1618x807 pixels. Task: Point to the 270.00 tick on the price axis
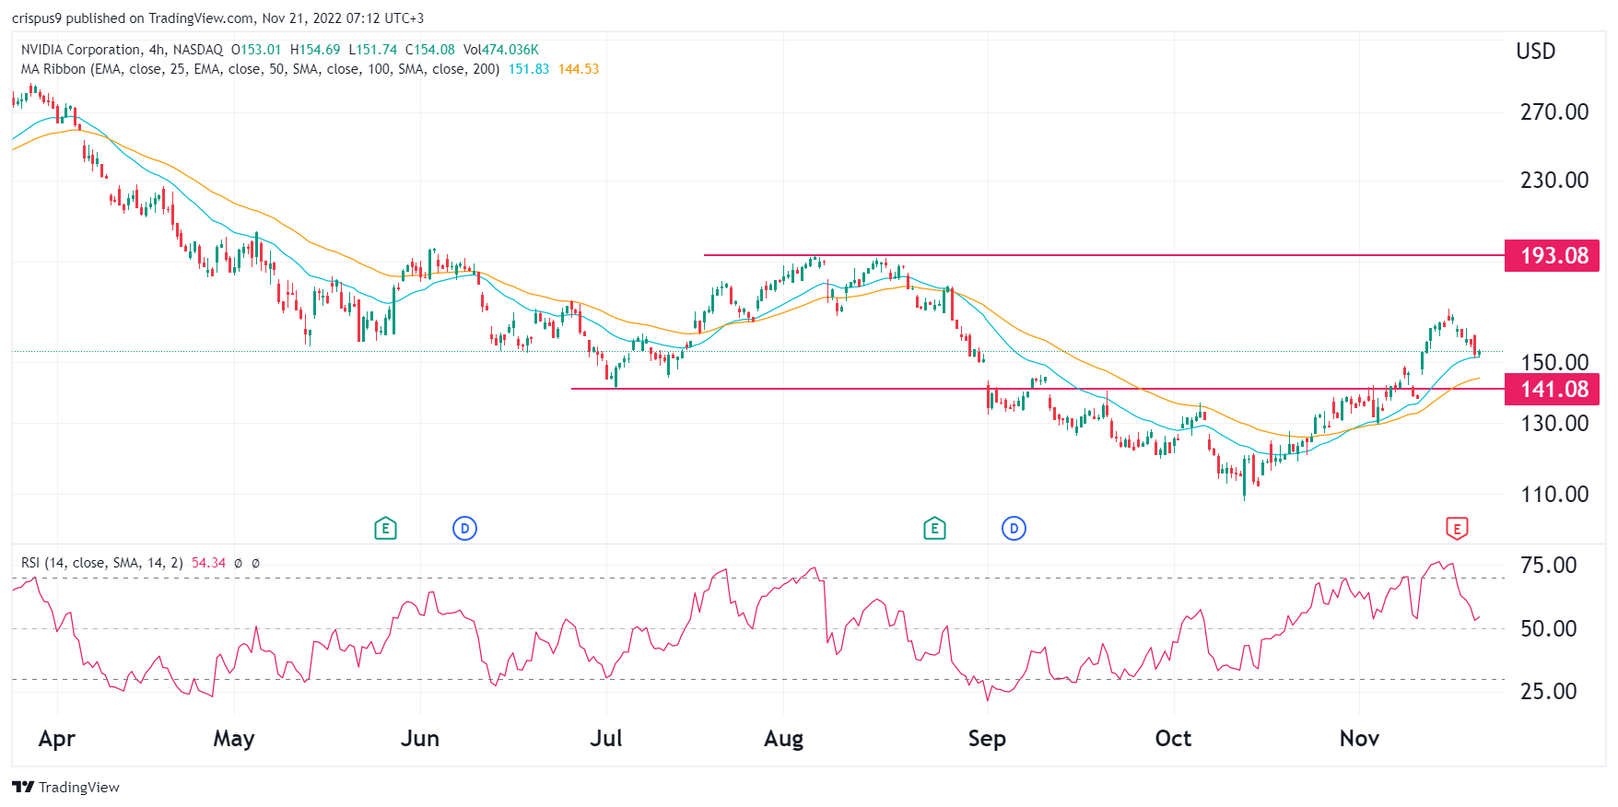tap(1554, 112)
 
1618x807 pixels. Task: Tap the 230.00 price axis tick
tap(1554, 181)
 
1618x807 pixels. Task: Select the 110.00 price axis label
tap(1554, 495)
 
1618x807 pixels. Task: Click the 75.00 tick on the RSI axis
tap(1548, 566)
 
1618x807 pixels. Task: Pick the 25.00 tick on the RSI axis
tap(1548, 692)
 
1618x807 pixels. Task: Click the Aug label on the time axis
tap(783, 739)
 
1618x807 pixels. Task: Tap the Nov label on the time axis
tap(1359, 739)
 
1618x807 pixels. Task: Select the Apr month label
tap(57, 739)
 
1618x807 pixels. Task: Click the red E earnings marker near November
tap(1456, 529)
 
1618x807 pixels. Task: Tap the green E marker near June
tap(385, 529)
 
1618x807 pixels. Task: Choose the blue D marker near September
tap(1014, 529)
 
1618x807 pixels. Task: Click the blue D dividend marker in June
tap(464, 529)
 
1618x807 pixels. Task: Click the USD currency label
tap(1535, 52)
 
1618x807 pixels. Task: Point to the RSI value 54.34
tap(208, 563)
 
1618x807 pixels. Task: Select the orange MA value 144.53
tap(579, 69)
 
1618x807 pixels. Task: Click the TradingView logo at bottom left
tap(66, 787)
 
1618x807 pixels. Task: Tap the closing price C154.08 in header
tap(430, 50)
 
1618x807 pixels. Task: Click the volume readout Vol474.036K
tap(501, 50)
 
